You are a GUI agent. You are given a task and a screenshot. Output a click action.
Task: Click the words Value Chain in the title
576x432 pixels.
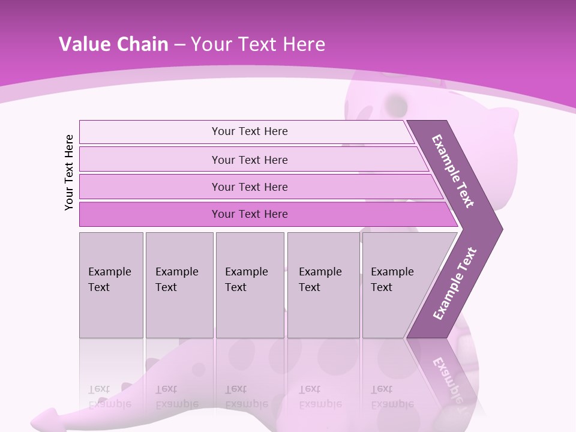click(113, 44)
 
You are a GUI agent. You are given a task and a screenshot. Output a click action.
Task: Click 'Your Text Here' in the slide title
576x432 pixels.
click(258, 44)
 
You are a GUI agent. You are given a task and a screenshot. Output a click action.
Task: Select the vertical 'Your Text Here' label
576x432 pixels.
click(70, 172)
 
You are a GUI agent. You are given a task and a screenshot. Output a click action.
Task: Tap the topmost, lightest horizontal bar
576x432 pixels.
click(249, 131)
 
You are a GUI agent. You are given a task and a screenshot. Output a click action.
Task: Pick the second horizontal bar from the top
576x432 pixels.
click(249, 160)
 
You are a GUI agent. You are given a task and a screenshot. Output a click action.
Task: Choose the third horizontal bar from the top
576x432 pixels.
click(249, 187)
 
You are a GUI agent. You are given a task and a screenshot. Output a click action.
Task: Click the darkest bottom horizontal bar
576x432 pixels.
click(249, 214)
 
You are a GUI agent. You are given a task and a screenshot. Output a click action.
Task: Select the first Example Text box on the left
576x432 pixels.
click(111, 285)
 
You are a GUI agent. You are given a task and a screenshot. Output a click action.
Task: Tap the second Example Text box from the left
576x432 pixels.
click(179, 285)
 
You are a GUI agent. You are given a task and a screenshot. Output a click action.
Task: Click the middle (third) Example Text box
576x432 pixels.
click(250, 285)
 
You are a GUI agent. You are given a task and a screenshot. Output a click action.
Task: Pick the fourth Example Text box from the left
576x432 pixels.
click(323, 285)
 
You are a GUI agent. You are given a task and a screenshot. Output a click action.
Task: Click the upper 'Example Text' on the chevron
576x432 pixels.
click(453, 171)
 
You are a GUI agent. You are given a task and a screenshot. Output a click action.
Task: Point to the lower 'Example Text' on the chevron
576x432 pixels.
click(454, 284)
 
